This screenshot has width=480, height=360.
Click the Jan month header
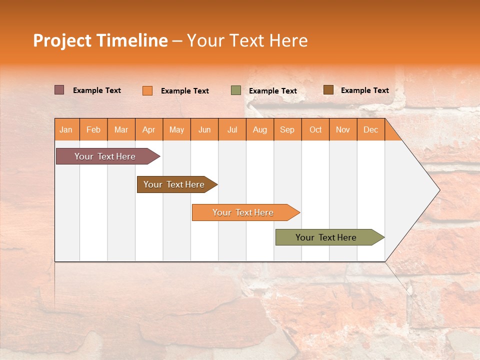(x=66, y=129)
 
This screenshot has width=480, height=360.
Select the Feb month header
(x=93, y=129)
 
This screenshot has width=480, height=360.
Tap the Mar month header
(x=121, y=129)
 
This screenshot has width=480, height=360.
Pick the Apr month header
(x=149, y=129)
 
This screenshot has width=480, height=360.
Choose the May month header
(x=176, y=129)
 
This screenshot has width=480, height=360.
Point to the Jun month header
(x=204, y=129)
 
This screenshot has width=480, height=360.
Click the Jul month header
(x=232, y=129)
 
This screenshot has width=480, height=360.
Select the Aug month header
(x=260, y=129)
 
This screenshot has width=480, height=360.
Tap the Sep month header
(x=287, y=129)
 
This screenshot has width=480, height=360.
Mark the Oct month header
(x=315, y=129)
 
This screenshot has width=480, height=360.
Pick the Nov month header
(x=343, y=129)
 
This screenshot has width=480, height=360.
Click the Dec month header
(x=371, y=129)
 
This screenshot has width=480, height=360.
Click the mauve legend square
(x=59, y=90)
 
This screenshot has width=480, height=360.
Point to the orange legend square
(x=147, y=90)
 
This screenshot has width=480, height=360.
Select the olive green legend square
(x=236, y=90)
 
